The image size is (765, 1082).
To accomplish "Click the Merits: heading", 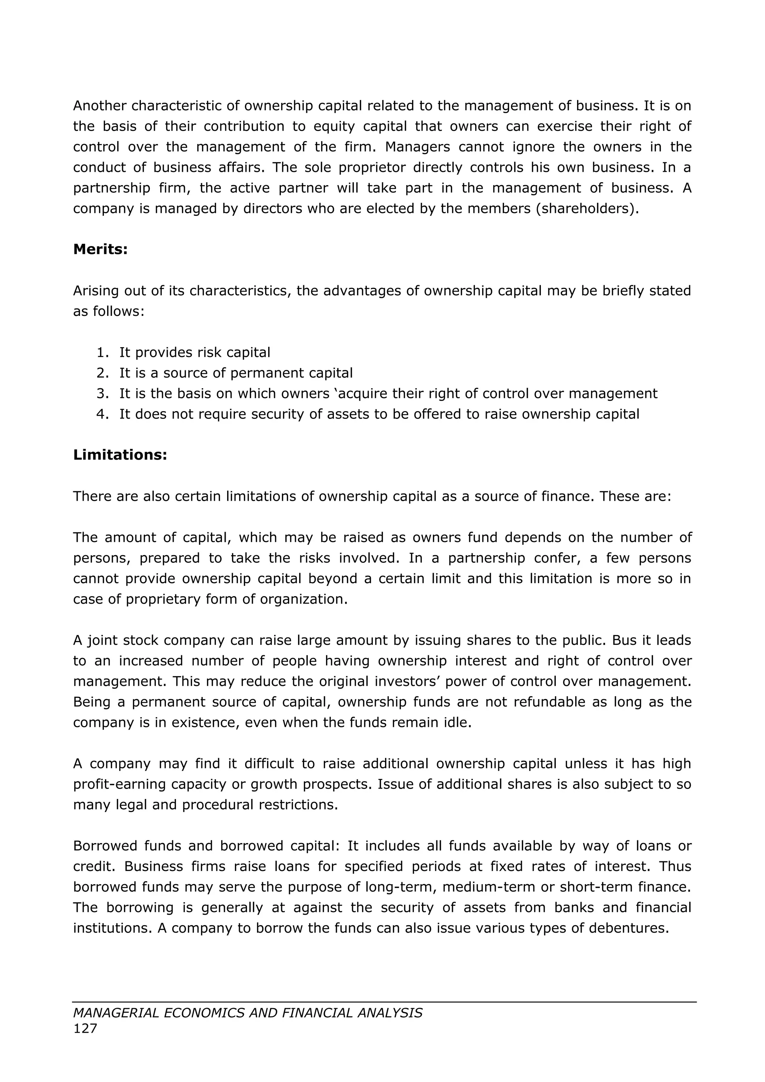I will point(100,250).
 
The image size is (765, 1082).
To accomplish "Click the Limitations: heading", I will point(120,455).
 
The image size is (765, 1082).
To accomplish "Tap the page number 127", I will point(85,1028).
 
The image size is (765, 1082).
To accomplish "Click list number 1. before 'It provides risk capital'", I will point(102,352).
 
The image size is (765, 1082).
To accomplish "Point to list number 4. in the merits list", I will point(102,414).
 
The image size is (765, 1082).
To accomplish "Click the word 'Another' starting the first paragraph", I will point(100,106).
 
